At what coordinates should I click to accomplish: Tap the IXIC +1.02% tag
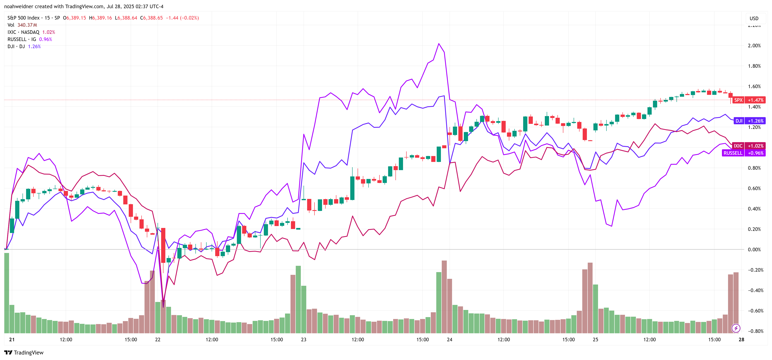pyautogui.click(x=748, y=146)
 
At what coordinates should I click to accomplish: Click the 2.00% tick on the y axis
pyautogui.click(x=754, y=45)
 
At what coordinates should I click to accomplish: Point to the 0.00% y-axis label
pyautogui.click(x=754, y=249)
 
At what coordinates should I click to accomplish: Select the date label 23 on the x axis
pyautogui.click(x=304, y=339)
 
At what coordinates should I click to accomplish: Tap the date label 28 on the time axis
pyautogui.click(x=741, y=339)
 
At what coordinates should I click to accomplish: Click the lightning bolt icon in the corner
pyautogui.click(x=736, y=328)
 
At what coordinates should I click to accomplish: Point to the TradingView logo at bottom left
pyautogui.click(x=24, y=352)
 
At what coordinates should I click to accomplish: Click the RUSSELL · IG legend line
pyautogui.click(x=22, y=40)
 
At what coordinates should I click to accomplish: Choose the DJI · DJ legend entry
pyautogui.click(x=16, y=47)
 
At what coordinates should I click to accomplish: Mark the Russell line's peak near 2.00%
pyautogui.click(x=439, y=44)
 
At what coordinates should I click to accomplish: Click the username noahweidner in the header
pyautogui.click(x=18, y=7)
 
